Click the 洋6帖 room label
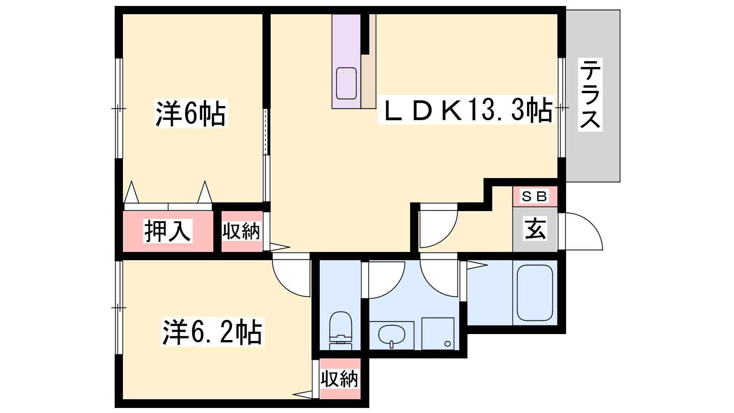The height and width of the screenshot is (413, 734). tap(191, 114)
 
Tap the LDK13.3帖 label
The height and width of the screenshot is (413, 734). tap(466, 110)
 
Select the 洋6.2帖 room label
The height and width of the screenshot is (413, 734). tap(213, 332)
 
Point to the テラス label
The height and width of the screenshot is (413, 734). tap(590, 95)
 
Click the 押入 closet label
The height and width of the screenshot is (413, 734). tap(167, 231)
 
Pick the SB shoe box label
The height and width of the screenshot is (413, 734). tap(534, 196)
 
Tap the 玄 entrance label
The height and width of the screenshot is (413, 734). tap(535, 229)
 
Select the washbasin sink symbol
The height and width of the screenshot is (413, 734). tap(392, 335)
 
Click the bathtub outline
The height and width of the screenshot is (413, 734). tap(535, 293)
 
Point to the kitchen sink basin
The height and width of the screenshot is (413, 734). tap(346, 83)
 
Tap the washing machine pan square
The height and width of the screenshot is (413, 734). tap(438, 333)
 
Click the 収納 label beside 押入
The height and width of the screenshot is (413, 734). tap(241, 231)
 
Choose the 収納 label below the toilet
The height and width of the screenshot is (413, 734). tap(339, 379)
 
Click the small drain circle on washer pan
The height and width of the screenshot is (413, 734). tap(448, 344)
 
